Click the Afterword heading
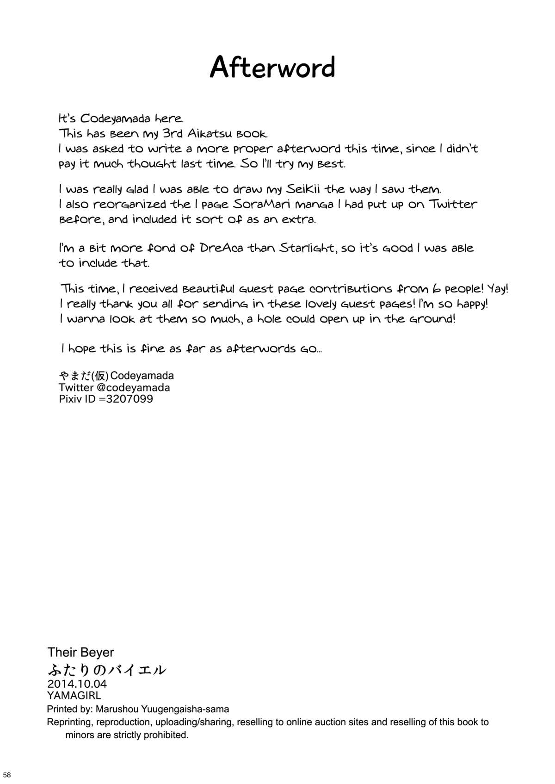pyautogui.click(x=272, y=68)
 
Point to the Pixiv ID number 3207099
pyautogui.click(x=129, y=399)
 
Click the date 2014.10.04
pyautogui.click(x=77, y=684)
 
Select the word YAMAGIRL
pyautogui.click(x=74, y=695)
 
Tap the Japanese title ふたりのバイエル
pyautogui.click(x=106, y=669)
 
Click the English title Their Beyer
pyautogui.click(x=80, y=652)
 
